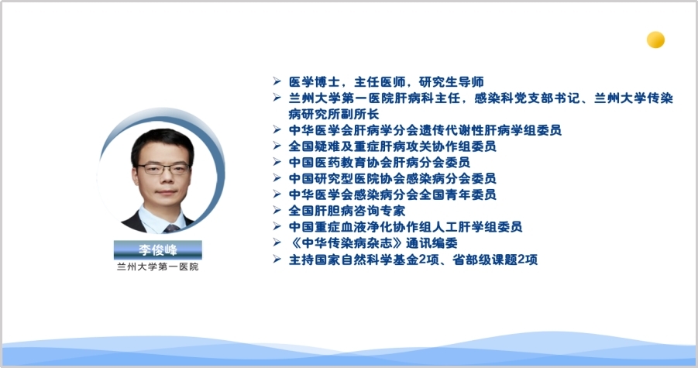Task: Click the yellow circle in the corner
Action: point(655,40)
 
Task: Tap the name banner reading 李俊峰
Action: point(157,249)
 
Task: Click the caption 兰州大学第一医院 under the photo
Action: point(157,267)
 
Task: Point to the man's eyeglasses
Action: point(163,169)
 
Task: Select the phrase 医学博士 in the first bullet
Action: point(315,82)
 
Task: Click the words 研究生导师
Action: point(452,82)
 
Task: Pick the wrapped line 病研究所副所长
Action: point(334,114)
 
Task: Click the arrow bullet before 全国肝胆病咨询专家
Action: point(277,210)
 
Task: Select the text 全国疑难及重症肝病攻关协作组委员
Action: point(392,146)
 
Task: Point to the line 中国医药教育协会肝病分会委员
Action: point(380,162)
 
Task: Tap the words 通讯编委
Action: point(432,243)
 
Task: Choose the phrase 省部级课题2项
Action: point(495,260)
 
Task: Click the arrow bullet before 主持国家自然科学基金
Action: point(277,259)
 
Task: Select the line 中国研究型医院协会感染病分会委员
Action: point(392,178)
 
